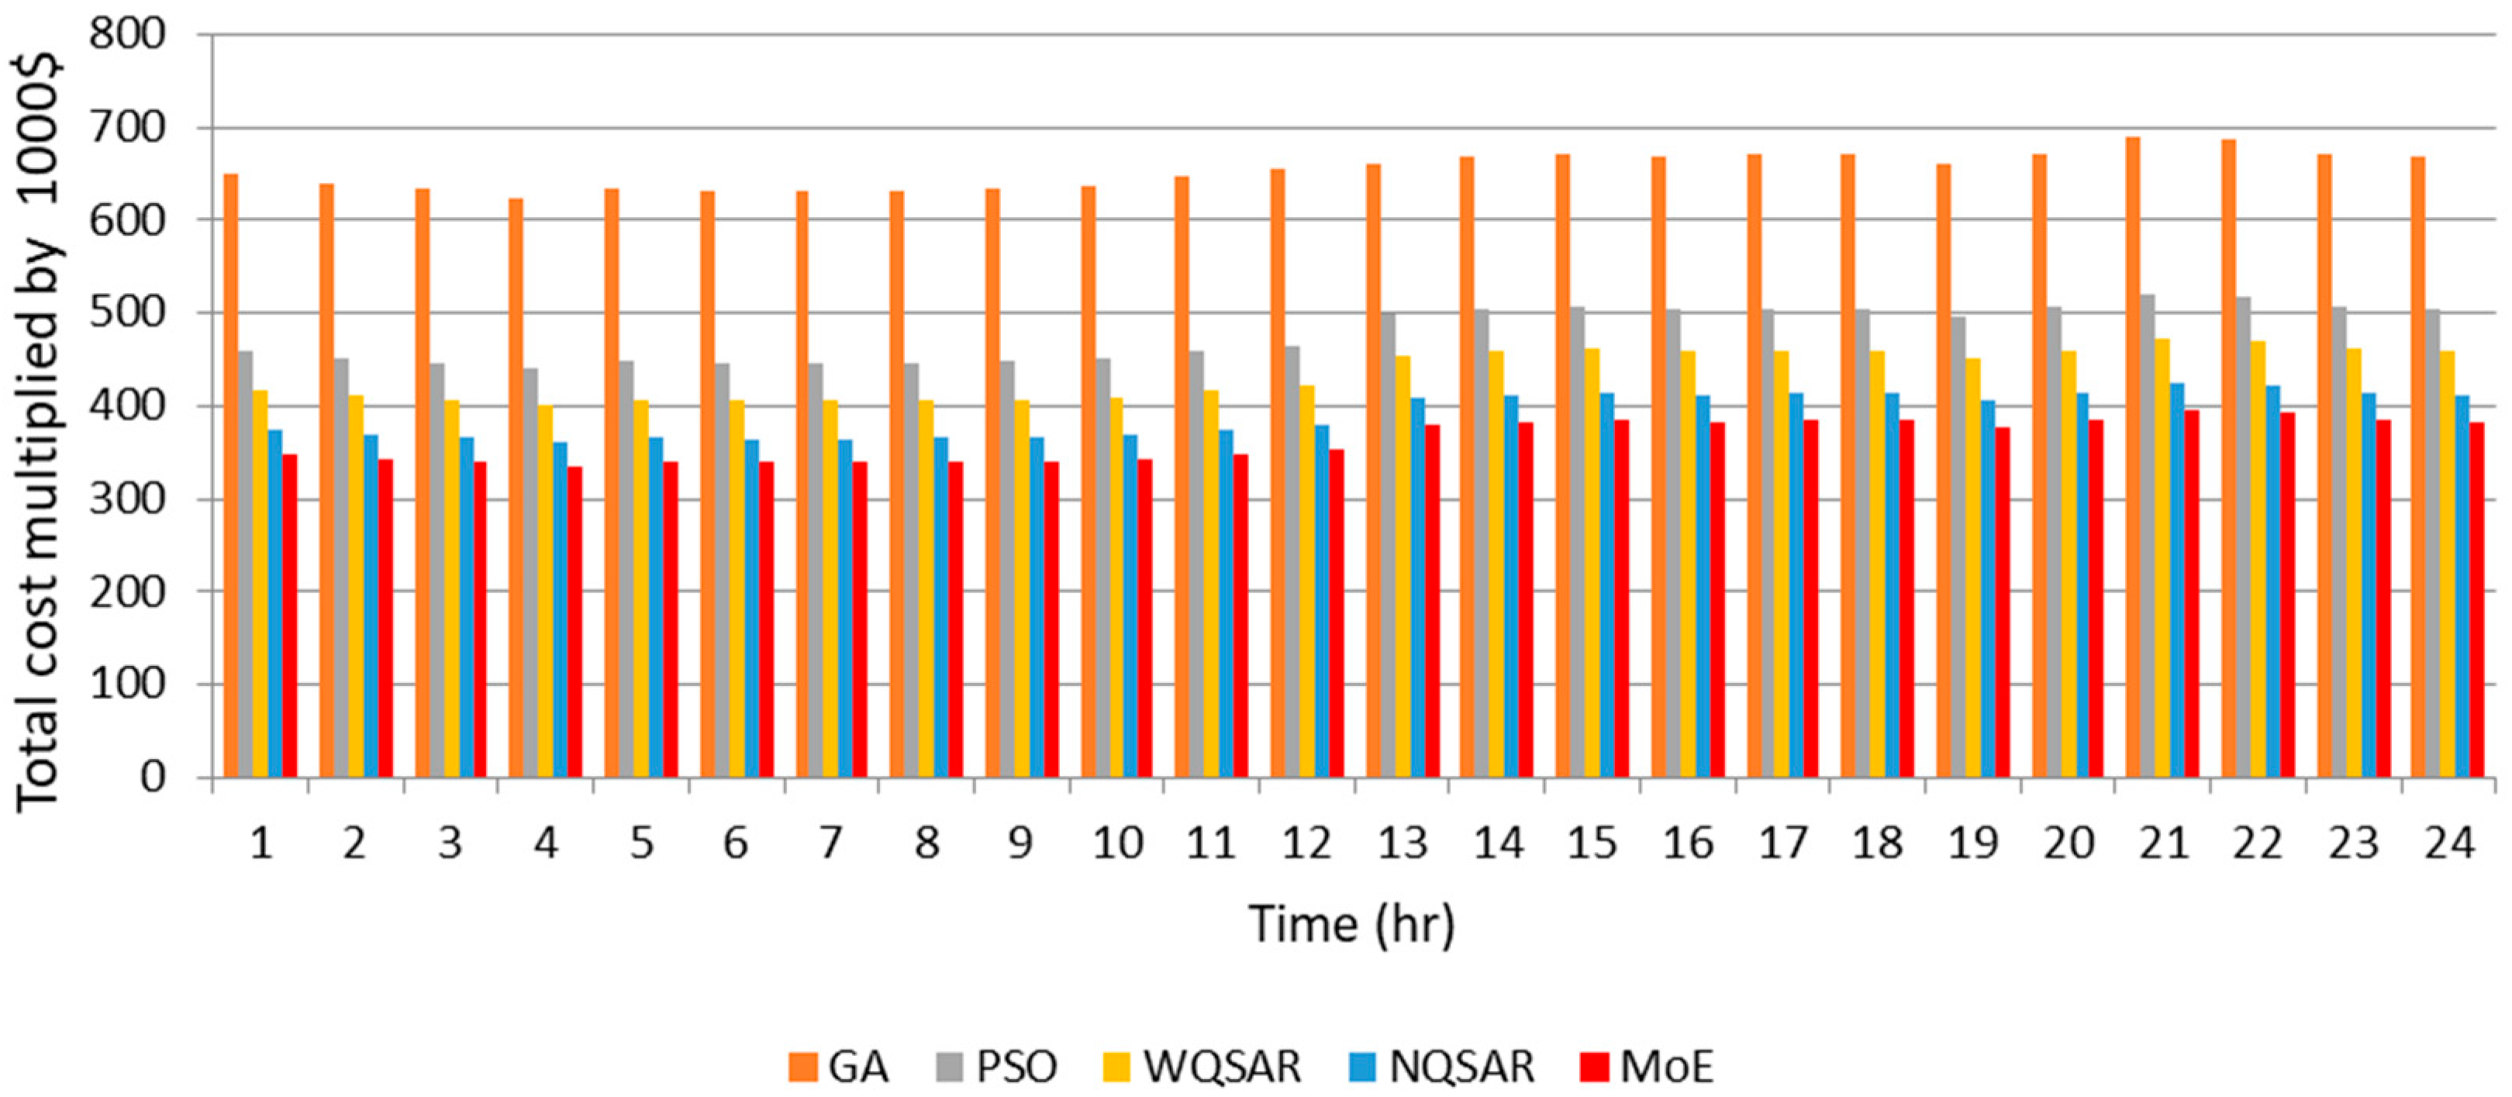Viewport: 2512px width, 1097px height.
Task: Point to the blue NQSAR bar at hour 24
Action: [x=2462, y=586]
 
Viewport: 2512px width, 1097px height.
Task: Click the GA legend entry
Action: [x=839, y=1066]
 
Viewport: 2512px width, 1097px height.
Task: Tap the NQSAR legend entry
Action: [x=1441, y=1066]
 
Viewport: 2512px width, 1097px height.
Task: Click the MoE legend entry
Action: [x=1646, y=1066]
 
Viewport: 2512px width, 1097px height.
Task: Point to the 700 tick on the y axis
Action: [x=127, y=127]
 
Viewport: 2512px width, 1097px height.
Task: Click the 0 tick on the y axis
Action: [x=151, y=777]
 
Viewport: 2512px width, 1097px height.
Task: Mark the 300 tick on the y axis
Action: [x=127, y=499]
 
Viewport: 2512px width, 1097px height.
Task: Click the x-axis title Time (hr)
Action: [x=1351, y=923]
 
